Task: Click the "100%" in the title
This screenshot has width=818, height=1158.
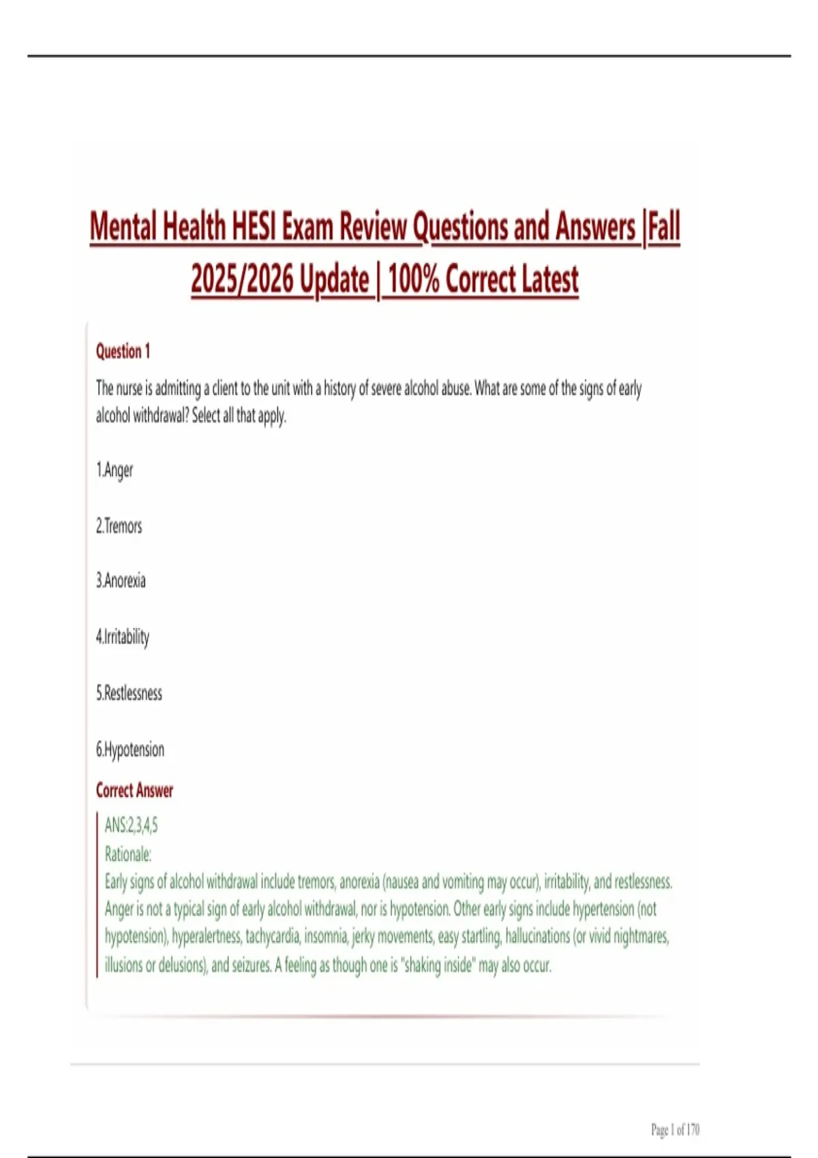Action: pyautogui.click(x=413, y=279)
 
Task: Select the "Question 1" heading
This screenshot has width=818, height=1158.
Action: pyautogui.click(x=123, y=351)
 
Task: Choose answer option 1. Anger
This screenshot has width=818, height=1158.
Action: pyautogui.click(x=115, y=470)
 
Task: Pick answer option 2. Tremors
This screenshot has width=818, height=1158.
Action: pyautogui.click(x=119, y=526)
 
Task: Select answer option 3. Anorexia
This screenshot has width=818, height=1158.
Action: pyautogui.click(x=121, y=581)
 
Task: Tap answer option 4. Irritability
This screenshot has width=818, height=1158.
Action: pyautogui.click(x=123, y=637)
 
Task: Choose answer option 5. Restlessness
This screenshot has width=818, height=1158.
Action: pyautogui.click(x=130, y=693)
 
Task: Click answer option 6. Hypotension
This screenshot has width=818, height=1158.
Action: pyautogui.click(x=130, y=750)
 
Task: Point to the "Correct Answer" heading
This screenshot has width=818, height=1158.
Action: pyautogui.click(x=134, y=791)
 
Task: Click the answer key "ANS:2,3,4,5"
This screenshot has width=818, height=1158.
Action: pyautogui.click(x=132, y=826)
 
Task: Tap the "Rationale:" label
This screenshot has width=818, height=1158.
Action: pyautogui.click(x=128, y=854)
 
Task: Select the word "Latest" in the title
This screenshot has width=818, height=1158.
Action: pyautogui.click(x=549, y=279)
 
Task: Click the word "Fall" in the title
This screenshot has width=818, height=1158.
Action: pyautogui.click(x=663, y=227)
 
